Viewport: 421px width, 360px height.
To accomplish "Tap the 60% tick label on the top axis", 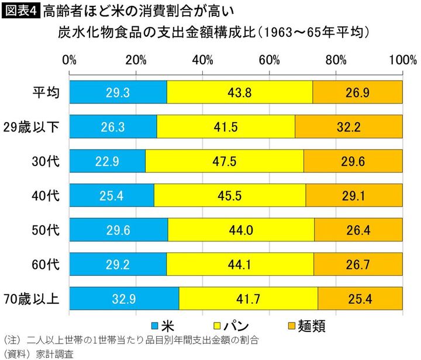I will [x=270, y=60].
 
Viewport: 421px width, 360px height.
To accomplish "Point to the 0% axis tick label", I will [x=69, y=60].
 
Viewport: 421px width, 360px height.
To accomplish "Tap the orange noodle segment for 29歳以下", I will [x=348, y=126].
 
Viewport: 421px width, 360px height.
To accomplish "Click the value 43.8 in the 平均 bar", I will [x=240, y=92].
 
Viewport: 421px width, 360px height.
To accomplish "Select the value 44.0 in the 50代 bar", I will [x=241, y=230].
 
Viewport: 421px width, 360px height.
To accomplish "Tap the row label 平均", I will [x=45, y=92].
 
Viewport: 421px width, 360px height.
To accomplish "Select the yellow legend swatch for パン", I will [x=214, y=325].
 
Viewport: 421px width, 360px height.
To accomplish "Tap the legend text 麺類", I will [x=313, y=325].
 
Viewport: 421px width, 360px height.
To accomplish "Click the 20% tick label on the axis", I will [x=136, y=60].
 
